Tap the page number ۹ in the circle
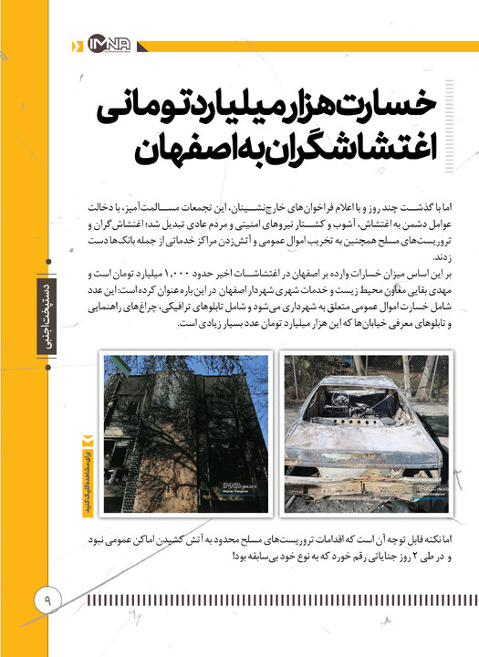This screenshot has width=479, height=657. pyautogui.click(x=46, y=599)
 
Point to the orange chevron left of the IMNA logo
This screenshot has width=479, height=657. pyautogui.click(x=76, y=43)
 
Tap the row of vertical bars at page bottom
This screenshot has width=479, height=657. pyautogui.click(x=274, y=601)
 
